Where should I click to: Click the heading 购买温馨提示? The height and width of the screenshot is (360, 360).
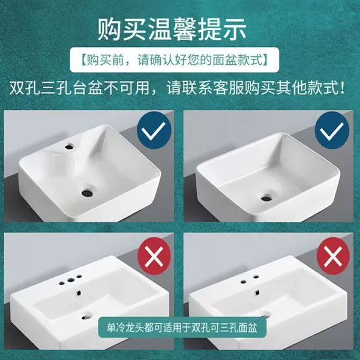click(172, 29)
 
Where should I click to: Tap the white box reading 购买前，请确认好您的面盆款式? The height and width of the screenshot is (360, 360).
click(175, 59)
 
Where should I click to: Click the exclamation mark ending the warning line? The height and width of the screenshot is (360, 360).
click(343, 88)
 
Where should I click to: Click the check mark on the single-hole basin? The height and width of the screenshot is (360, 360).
click(154, 130)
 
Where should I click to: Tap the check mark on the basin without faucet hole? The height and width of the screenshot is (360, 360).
click(332, 130)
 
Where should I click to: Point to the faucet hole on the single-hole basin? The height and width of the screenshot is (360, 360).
click(68, 146)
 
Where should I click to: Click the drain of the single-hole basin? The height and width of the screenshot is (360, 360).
click(87, 193)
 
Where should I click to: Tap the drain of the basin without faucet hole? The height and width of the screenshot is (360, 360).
click(266, 197)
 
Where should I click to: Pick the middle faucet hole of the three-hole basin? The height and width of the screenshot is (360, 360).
click(71, 280)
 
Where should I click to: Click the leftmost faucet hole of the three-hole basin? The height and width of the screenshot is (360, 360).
click(62, 281)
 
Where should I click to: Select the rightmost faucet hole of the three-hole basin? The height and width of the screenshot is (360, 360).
click(79, 277)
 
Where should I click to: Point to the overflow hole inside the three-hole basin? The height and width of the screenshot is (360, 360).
click(78, 293)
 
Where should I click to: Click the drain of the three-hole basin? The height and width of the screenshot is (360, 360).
click(86, 316)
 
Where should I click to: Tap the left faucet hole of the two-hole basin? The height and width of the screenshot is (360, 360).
click(244, 281)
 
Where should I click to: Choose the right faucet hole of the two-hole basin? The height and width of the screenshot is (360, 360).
click(256, 277)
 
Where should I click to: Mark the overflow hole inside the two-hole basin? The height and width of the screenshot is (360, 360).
click(257, 293)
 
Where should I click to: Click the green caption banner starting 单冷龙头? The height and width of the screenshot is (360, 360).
click(182, 328)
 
